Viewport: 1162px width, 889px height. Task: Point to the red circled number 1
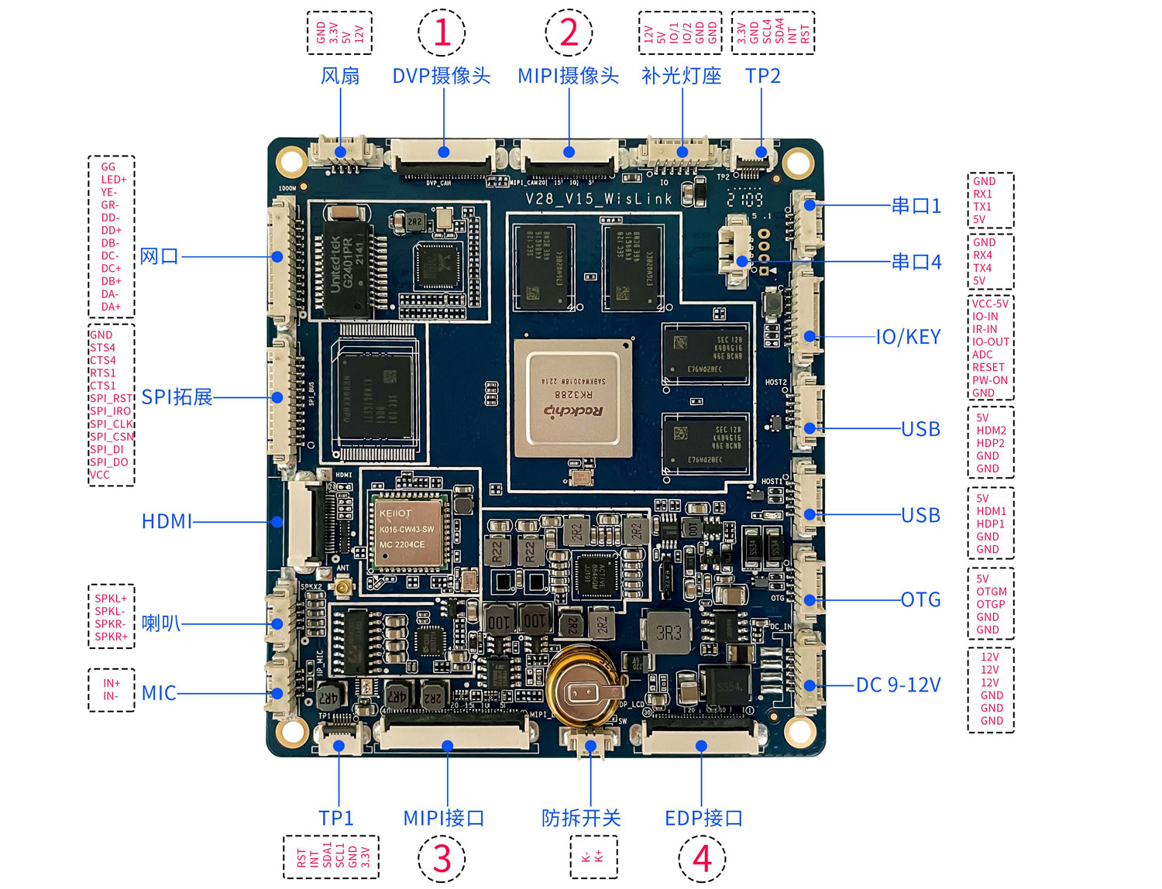[442, 33]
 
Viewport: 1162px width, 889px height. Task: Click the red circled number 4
[702, 858]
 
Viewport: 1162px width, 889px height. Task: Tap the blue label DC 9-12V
[898, 685]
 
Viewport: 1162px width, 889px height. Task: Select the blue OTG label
[920, 599]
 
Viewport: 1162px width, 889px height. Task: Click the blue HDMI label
[167, 521]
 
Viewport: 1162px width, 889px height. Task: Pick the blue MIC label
[159, 693]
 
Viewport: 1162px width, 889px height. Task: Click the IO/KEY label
[908, 337]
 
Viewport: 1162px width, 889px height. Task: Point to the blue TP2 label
[762, 76]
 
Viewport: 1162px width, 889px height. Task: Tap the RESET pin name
[988, 367]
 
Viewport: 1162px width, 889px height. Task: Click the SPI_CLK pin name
[112, 424]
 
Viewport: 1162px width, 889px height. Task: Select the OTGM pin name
[991, 592]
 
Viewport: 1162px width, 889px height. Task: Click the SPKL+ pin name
[111, 599]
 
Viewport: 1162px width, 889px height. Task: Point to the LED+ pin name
[113, 180]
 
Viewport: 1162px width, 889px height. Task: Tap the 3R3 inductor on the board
[669, 633]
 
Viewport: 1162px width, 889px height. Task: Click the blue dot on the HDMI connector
[277, 522]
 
